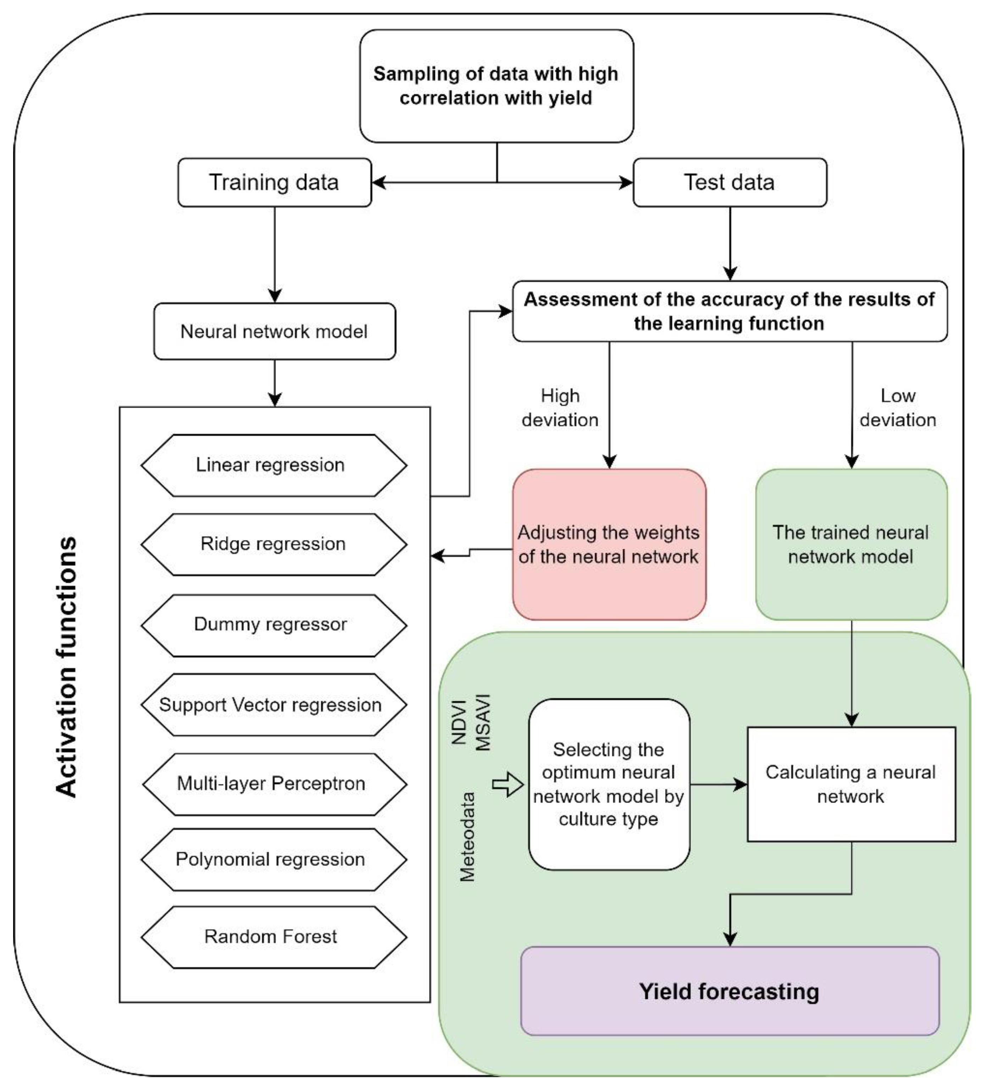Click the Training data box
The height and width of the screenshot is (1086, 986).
(x=274, y=182)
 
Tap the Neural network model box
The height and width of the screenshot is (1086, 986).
(x=274, y=331)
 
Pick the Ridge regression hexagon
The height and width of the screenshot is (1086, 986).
(x=273, y=544)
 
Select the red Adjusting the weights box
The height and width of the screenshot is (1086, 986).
(x=609, y=544)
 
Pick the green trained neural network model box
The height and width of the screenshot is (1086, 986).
(x=851, y=544)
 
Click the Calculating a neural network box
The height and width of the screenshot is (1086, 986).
(x=851, y=784)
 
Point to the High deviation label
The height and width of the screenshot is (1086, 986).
(x=560, y=408)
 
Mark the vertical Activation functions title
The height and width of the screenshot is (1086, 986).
(x=67, y=667)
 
